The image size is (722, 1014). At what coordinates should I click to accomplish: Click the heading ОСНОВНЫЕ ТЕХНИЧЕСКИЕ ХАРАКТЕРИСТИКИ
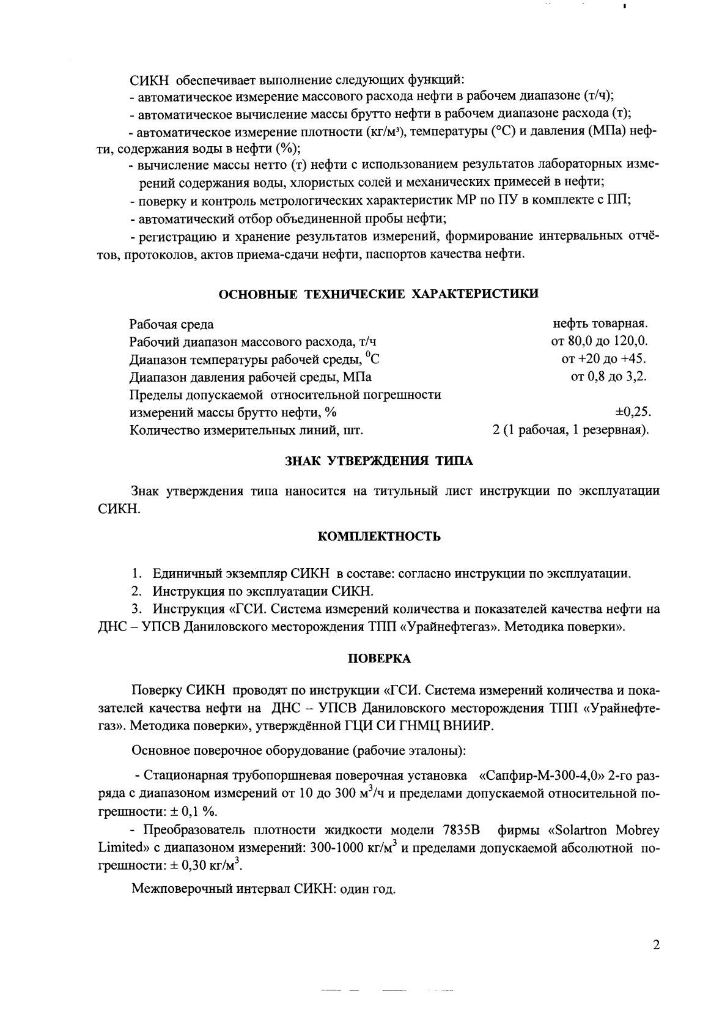coord(379,294)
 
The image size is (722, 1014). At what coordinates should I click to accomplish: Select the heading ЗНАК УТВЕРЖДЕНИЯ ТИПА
coord(379,461)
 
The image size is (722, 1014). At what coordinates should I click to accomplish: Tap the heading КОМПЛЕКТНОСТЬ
coord(379,537)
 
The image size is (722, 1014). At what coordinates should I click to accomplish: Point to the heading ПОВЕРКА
coord(379,659)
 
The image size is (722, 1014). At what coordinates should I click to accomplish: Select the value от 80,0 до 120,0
coord(599,341)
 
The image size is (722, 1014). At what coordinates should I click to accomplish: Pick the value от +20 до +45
coord(604,358)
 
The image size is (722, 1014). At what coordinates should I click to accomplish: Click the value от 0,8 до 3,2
coord(609,376)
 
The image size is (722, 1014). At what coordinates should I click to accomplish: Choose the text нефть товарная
coord(600,323)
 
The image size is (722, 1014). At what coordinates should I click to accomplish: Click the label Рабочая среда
coord(172,324)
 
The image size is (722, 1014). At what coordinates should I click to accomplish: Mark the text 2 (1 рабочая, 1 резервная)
coord(570,430)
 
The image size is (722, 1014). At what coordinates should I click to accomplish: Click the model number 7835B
coord(460,830)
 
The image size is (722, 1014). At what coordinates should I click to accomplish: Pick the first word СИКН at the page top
coord(147,80)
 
